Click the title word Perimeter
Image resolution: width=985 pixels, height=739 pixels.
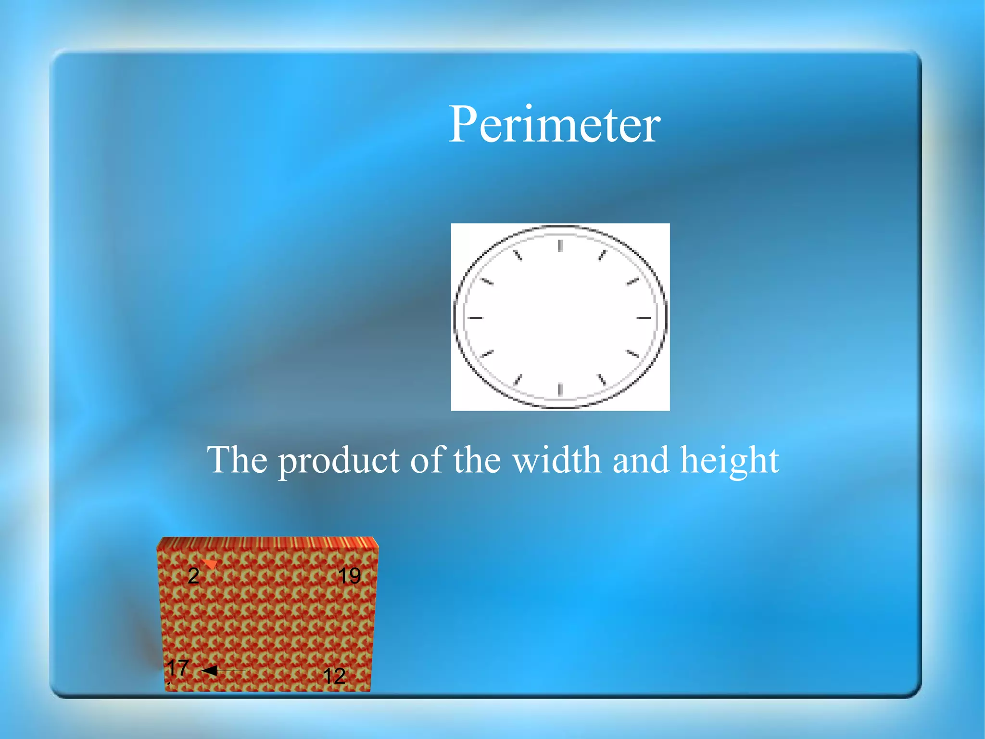point(554,125)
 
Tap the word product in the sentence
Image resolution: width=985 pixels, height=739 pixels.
point(339,461)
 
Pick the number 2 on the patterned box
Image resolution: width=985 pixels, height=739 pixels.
point(193,576)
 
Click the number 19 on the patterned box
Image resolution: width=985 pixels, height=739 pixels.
point(349,576)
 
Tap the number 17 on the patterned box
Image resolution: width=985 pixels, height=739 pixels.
point(177,668)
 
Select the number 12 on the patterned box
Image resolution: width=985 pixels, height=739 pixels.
point(334,676)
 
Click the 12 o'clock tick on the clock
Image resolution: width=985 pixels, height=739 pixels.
point(560,246)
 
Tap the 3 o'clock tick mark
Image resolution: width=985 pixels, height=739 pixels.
point(644,318)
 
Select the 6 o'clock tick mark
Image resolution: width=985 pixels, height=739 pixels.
point(560,389)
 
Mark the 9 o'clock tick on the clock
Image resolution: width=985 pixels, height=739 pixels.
point(475,318)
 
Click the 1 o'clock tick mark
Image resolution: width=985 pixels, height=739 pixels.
point(602,255)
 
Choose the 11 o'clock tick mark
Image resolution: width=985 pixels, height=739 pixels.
point(518,255)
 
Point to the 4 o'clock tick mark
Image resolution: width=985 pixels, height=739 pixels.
point(632,354)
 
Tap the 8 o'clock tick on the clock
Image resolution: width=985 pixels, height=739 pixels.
point(487,354)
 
